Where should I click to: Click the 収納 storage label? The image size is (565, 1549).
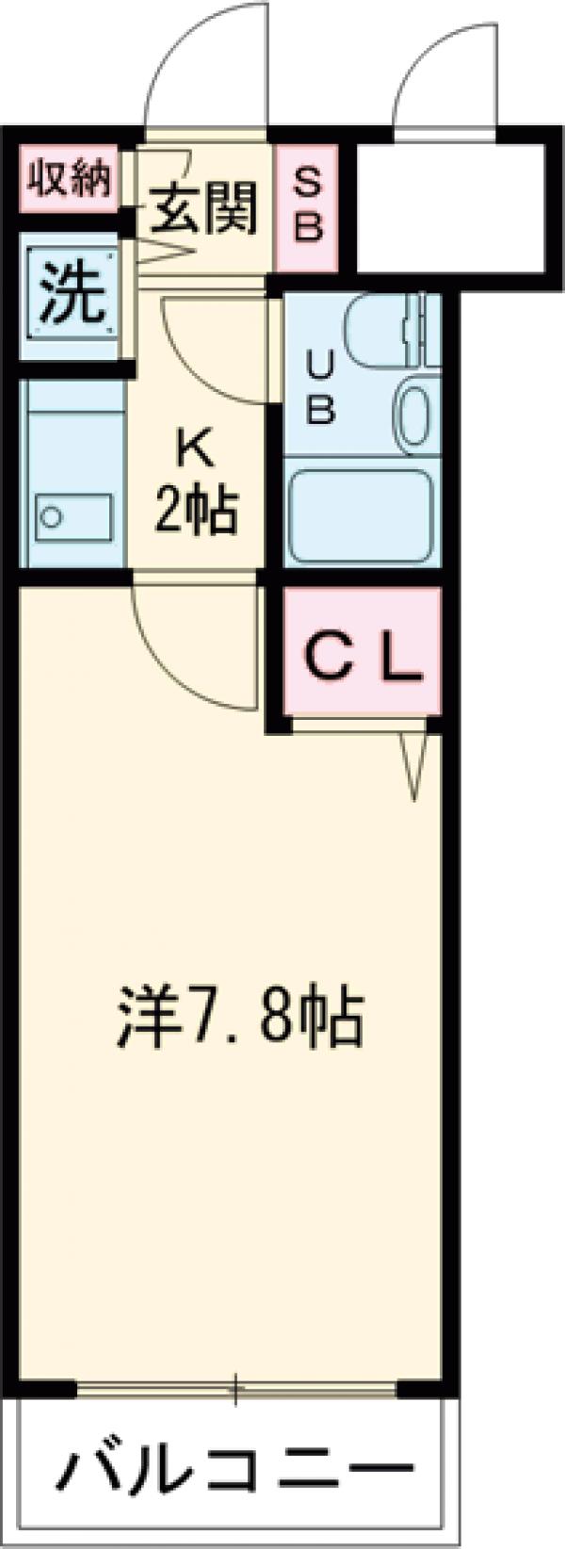pos(69,178)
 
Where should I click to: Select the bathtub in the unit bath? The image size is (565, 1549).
pos(360,518)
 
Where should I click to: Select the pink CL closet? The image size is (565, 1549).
pos(362,655)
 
